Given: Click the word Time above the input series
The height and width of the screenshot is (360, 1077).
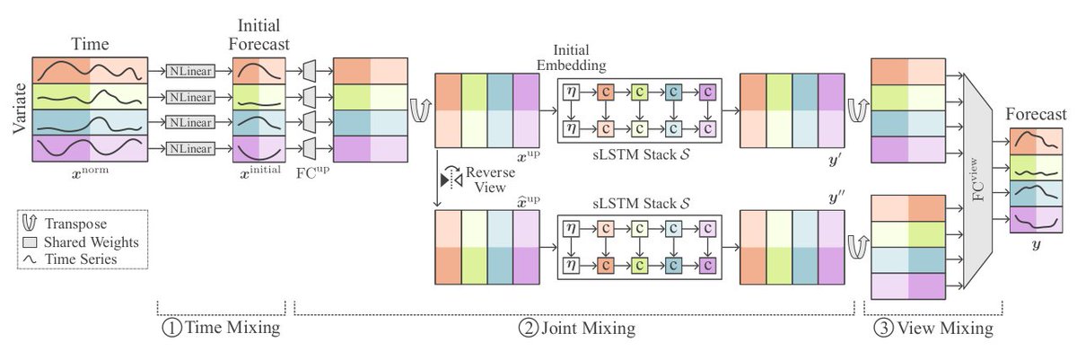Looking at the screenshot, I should pyautogui.click(x=88, y=43).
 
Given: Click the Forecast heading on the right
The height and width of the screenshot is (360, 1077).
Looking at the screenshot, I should pyautogui.click(x=1037, y=114).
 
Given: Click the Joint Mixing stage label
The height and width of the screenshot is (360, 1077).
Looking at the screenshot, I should pyautogui.click(x=578, y=329).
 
